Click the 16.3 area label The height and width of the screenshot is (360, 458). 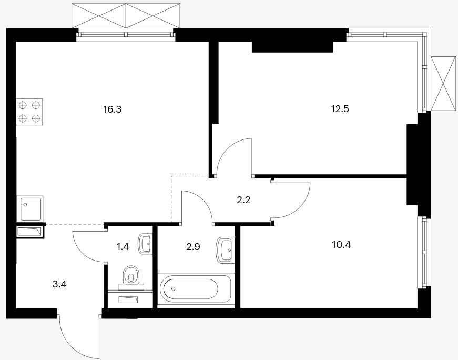pos(112,109)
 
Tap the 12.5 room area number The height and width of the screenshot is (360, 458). pos(340,109)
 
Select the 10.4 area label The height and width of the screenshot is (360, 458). pos(341,245)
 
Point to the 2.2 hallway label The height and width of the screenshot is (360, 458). pos(243,201)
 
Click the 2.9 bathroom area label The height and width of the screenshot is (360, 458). pos(193,247)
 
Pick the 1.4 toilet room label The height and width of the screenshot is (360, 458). pos(123,247)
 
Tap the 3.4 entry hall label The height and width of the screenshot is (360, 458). pos(59,284)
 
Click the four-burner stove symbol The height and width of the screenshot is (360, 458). pos(29,112)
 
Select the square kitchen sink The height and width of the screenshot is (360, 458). pos(29,208)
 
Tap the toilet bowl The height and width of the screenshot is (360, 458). pos(131,275)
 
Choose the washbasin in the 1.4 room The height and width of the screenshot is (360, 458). pos(146,244)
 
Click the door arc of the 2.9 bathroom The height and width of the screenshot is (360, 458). pos(204,200)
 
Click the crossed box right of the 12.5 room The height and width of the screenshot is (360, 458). pos(443,84)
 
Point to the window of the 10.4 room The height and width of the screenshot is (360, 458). pos(424,252)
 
